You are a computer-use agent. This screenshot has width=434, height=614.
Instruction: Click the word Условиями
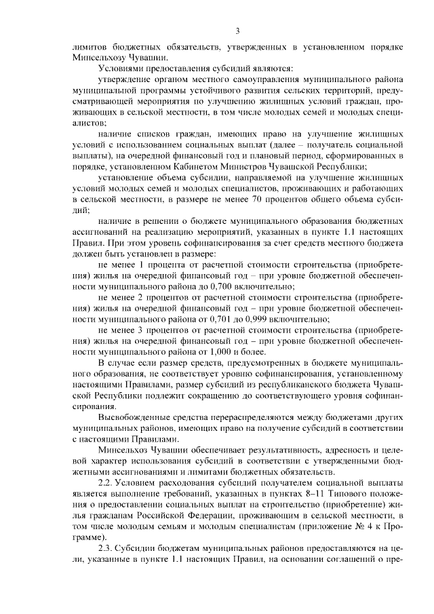124,69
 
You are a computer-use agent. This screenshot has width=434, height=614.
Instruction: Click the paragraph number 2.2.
107,483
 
